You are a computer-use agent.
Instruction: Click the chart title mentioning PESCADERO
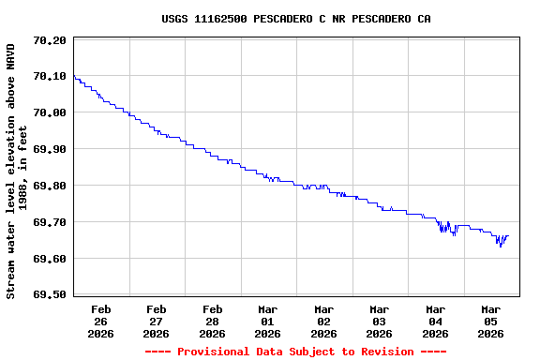click(296, 19)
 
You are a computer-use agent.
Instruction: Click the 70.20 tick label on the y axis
click(49, 40)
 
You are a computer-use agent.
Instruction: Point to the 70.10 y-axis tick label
click(49, 77)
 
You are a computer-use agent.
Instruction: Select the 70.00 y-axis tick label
click(49, 113)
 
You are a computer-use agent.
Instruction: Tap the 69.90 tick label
click(49, 150)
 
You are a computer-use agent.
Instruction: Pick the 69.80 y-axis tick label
click(49, 187)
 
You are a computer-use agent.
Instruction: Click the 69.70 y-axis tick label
click(49, 223)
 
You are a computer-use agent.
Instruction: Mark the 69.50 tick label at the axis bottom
click(49, 295)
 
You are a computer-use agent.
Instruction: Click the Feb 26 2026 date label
click(101, 321)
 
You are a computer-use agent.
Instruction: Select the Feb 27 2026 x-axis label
click(157, 321)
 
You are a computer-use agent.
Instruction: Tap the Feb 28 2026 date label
click(213, 321)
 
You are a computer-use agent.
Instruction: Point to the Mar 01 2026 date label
click(268, 321)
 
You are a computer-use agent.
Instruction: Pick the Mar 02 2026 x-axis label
click(324, 321)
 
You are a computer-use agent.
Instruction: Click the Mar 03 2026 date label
click(380, 321)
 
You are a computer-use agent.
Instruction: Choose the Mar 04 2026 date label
click(435, 321)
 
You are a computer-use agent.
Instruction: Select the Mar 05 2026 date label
click(491, 321)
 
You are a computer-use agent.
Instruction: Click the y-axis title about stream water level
click(17, 171)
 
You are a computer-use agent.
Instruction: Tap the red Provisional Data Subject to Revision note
click(296, 352)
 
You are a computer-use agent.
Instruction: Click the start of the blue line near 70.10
click(74, 77)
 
